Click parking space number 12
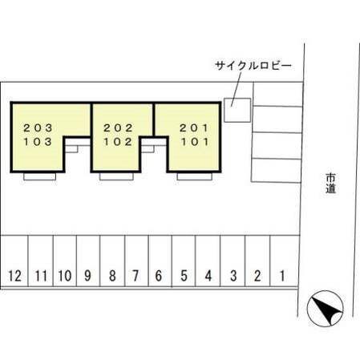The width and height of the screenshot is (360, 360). tap(14, 261)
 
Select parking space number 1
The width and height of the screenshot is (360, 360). tap(285, 261)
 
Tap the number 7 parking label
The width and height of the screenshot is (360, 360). tap(136, 276)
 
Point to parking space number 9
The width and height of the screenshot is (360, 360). tap(88, 261)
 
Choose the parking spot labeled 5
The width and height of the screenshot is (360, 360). tap(184, 261)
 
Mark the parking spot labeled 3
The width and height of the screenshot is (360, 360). tap(233, 261)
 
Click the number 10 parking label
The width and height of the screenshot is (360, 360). tap(65, 276)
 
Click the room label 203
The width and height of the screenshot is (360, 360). tap(38, 128)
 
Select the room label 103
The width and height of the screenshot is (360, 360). tap(38, 142)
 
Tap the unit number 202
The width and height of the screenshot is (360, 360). tap(118, 128)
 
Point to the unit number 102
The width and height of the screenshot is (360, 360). tap(118, 142)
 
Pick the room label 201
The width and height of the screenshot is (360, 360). tap(194, 128)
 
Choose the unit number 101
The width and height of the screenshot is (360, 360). tap(195, 142)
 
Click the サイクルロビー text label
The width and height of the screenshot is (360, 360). tap(253, 66)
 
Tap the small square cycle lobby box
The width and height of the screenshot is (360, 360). tap(237, 110)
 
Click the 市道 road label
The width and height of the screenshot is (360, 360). tap(330, 183)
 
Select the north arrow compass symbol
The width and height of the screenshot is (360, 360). tap(325, 308)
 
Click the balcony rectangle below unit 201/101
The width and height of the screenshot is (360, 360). tap(194, 176)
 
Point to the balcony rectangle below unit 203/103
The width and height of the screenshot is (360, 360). tap(39, 176)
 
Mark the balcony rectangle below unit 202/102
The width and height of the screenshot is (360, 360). tap(116, 176)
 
